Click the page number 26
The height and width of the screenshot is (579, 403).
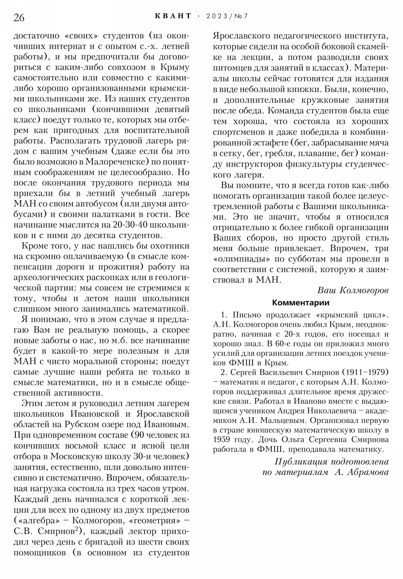(19, 18)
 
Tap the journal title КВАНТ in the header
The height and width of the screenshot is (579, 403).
(173, 16)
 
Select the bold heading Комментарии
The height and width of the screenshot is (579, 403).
(300, 302)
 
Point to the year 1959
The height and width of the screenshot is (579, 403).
(221, 440)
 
